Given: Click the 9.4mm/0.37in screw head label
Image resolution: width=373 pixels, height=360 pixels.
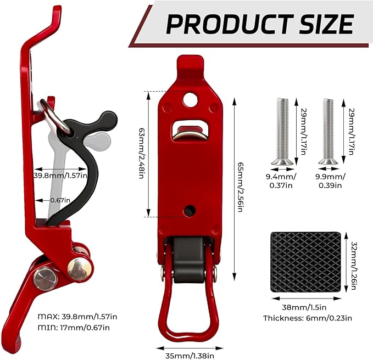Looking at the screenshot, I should pos(281,181).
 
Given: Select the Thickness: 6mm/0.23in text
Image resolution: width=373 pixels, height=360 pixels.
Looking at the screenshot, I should pos(307,318).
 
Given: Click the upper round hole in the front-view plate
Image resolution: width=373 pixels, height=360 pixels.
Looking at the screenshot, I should pos(190,99).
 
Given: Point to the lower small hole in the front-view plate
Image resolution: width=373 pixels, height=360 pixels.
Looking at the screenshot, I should pos(190,210).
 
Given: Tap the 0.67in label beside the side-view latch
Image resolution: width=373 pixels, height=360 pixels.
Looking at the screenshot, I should pos(60,200).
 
